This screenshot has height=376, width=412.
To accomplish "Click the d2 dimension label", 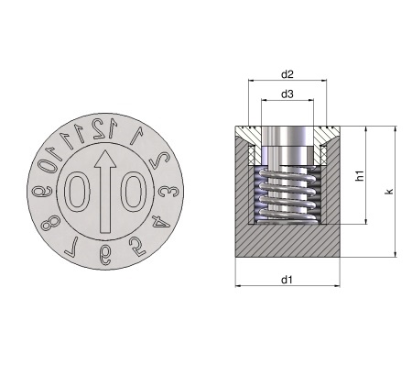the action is pyautogui.click(x=287, y=74).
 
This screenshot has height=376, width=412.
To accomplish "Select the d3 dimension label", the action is pyautogui.click(x=287, y=94).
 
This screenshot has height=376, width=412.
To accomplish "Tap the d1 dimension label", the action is pyautogui.click(x=287, y=280).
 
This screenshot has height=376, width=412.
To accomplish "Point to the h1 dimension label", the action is pyautogui.click(x=361, y=175).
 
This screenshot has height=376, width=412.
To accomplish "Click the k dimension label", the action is pyautogui.click(x=389, y=192).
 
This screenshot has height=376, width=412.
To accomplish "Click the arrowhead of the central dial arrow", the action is pyautogui.click(x=105, y=159).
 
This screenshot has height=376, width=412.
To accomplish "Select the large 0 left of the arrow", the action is pyautogui.click(x=77, y=192).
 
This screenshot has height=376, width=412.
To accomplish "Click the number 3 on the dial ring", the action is pyautogui.click(x=168, y=192).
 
